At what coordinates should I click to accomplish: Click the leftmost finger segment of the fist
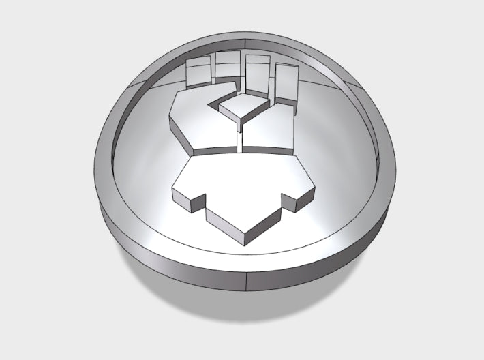[x=198, y=72]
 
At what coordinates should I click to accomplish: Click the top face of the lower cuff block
[x=239, y=184]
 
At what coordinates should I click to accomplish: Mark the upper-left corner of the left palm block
[x=179, y=95]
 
